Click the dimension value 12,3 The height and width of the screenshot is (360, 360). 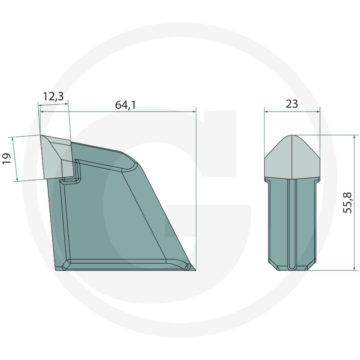click(x=53, y=96)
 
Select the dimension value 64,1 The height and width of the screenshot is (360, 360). click(x=126, y=105)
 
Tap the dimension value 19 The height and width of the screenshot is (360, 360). click(x=7, y=158)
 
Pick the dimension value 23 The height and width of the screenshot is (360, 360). click(x=292, y=104)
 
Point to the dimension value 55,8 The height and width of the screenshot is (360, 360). click(x=347, y=203)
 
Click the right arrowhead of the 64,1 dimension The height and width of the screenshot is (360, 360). click(x=194, y=112)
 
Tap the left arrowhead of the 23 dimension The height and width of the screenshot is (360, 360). click(x=266, y=112)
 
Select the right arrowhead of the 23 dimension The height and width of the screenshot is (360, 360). click(x=318, y=112)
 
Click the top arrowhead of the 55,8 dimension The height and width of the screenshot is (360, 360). click(x=355, y=137)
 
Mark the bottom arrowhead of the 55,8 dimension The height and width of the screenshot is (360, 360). click(x=355, y=268)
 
